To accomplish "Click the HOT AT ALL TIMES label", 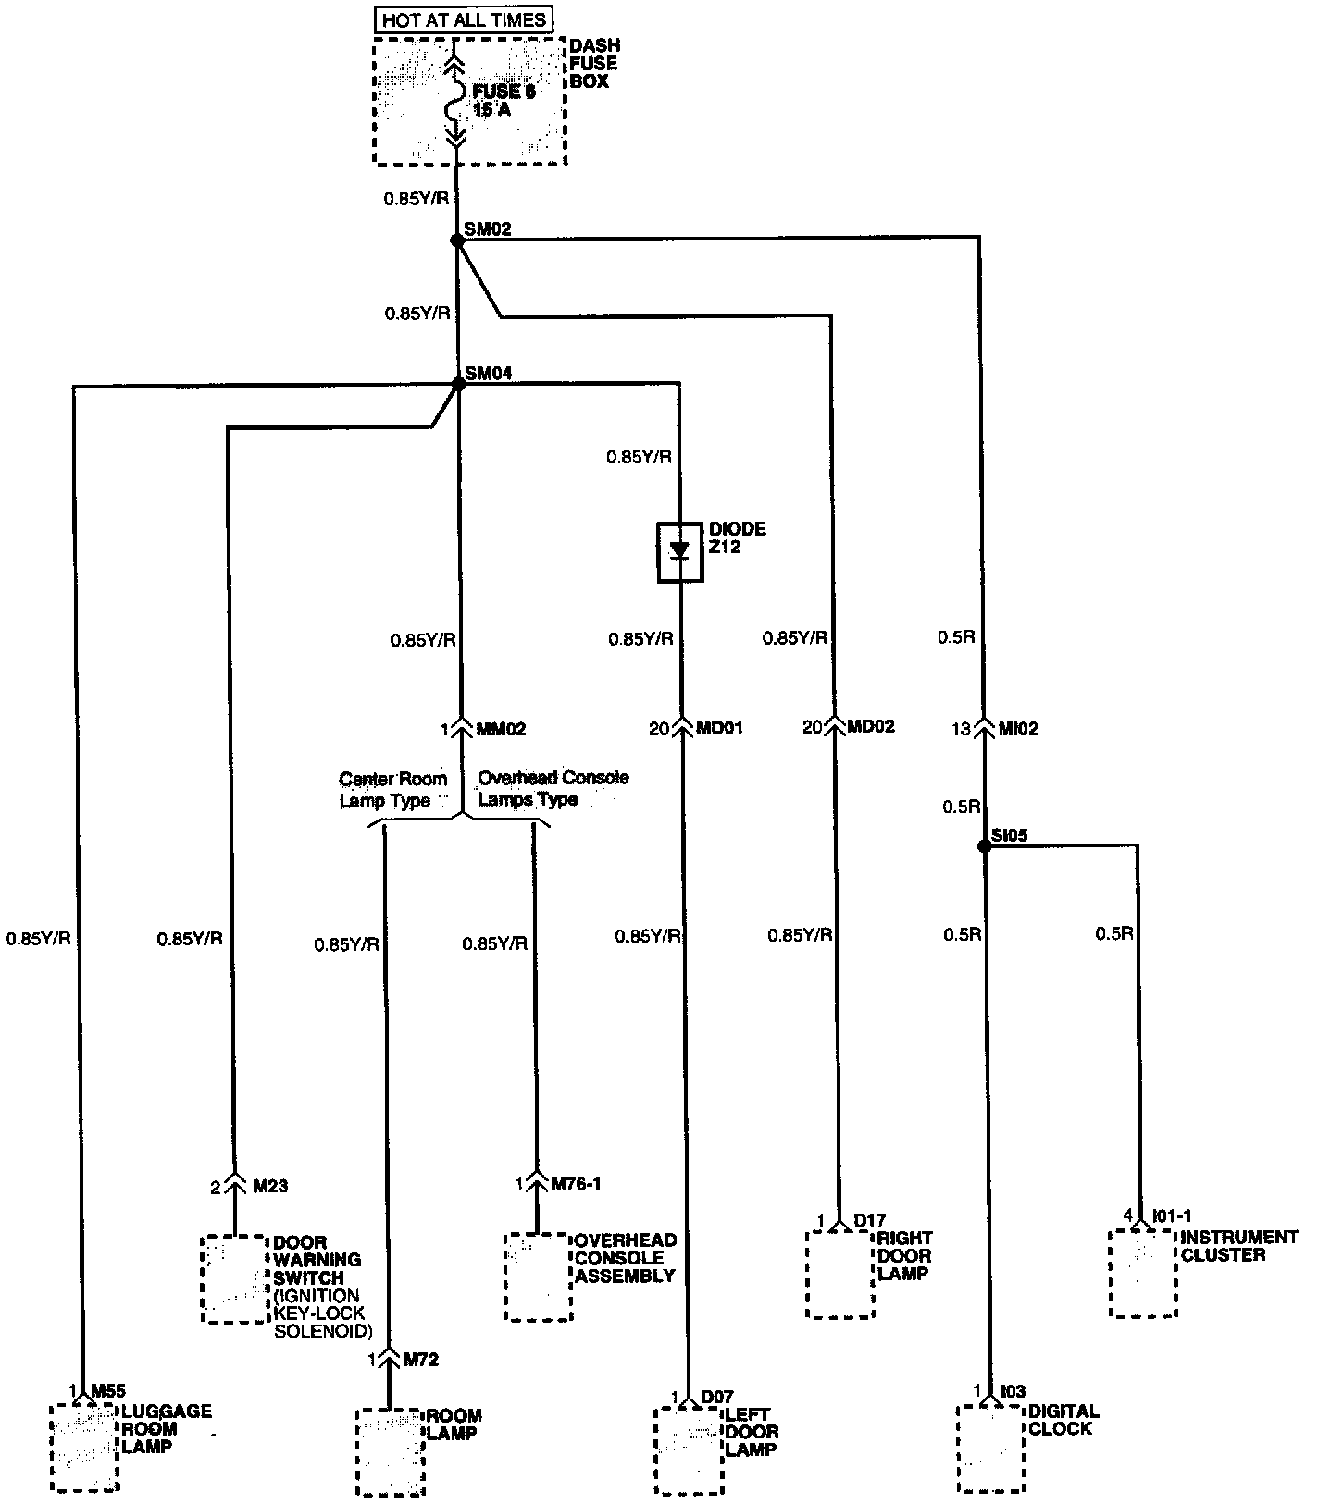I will tap(464, 18).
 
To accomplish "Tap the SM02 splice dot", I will tap(456, 240).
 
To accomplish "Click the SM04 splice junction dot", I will tap(457, 383).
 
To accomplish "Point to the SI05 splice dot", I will tap(985, 845).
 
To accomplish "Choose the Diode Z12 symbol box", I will tap(680, 552).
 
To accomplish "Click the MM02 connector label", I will tap(500, 729).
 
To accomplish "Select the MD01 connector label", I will tap(719, 729).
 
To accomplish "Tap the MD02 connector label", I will tap(872, 727).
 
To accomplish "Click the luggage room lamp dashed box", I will tap(84, 1447).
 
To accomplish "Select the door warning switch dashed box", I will tap(235, 1278).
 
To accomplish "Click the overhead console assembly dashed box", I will tap(538, 1276).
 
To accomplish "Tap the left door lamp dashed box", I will tap(689, 1450).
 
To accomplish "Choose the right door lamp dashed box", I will tap(840, 1273).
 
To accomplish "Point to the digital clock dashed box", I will tap(991, 1448).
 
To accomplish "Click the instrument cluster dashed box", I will tap(1143, 1273).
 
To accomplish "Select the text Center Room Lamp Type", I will tap(392, 790).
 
